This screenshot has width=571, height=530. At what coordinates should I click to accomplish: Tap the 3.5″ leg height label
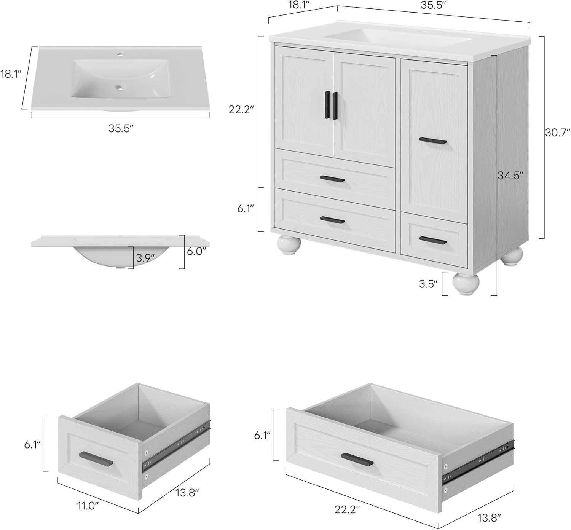(428, 284)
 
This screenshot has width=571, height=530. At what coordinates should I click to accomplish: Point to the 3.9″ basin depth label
(145, 258)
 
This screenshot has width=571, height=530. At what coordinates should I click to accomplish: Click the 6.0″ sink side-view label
(196, 252)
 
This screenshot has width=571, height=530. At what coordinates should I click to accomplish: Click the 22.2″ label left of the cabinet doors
(241, 110)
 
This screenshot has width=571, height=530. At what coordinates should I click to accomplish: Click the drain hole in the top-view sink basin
(121, 88)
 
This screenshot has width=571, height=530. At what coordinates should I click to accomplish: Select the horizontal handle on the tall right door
(433, 141)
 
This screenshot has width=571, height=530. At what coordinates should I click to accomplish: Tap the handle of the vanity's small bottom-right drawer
(432, 240)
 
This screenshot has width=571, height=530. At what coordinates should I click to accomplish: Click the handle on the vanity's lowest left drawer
(332, 220)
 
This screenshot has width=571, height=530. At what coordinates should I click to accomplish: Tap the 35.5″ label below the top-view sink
(121, 128)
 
